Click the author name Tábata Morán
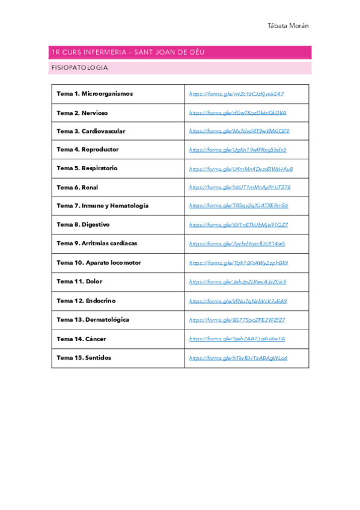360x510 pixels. click(x=287, y=26)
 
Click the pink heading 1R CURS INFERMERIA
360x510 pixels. click(x=128, y=52)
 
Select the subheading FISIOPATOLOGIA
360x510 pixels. click(x=80, y=68)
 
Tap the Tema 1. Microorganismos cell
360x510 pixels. click(x=95, y=94)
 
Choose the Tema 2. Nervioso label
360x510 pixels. click(x=82, y=112)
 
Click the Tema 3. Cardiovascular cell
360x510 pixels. click(x=91, y=131)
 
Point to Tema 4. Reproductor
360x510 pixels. click(x=88, y=150)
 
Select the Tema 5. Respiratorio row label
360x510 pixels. click(x=87, y=168)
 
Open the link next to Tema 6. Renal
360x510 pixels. click(x=240, y=187)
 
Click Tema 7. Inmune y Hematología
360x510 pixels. click(x=102, y=206)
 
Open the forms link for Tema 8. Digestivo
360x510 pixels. click(x=238, y=224)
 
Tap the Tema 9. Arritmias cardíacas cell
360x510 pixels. click(x=97, y=244)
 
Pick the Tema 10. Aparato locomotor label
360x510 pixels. click(x=99, y=263)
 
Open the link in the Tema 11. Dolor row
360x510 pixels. click(x=237, y=281)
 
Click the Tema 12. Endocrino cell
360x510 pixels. click(x=86, y=301)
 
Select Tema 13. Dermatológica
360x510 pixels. click(x=93, y=319)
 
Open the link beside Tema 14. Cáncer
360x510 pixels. click(x=237, y=339)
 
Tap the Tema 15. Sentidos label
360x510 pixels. click(x=84, y=357)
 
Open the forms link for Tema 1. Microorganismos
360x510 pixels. click(x=236, y=94)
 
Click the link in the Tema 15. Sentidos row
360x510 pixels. click(x=238, y=357)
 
